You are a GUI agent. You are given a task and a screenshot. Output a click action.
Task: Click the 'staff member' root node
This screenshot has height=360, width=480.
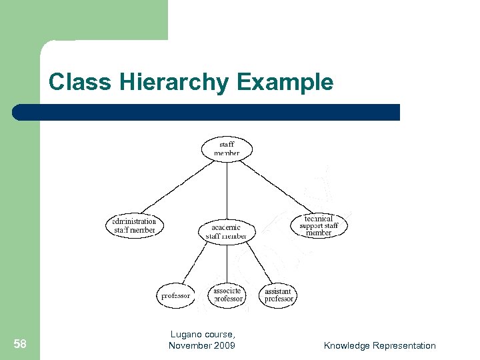[x=227, y=149]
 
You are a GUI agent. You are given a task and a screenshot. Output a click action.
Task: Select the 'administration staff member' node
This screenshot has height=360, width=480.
[x=135, y=225]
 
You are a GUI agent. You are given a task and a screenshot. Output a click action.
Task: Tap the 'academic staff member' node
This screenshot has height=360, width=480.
[x=227, y=231]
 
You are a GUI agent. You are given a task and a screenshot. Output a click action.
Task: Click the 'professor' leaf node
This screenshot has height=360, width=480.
[x=175, y=295]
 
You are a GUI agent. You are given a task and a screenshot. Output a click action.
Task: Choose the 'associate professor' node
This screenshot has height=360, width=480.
[x=228, y=295]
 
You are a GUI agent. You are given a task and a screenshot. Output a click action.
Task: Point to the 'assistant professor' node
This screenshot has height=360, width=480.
[x=279, y=295]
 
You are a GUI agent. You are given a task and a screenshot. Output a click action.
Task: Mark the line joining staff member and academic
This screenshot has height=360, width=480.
[x=227, y=190]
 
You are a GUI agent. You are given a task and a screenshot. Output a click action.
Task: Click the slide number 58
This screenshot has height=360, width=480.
[x=20, y=344]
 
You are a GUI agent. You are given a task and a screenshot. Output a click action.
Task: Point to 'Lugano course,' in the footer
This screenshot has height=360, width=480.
[x=203, y=335]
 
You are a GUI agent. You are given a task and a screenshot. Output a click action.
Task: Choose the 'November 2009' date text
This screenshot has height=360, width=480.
[x=202, y=345]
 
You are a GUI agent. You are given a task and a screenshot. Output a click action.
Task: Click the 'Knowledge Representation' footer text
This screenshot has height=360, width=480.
[x=379, y=345]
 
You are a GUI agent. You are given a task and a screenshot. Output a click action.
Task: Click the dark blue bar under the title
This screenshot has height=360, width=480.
[x=207, y=112]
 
